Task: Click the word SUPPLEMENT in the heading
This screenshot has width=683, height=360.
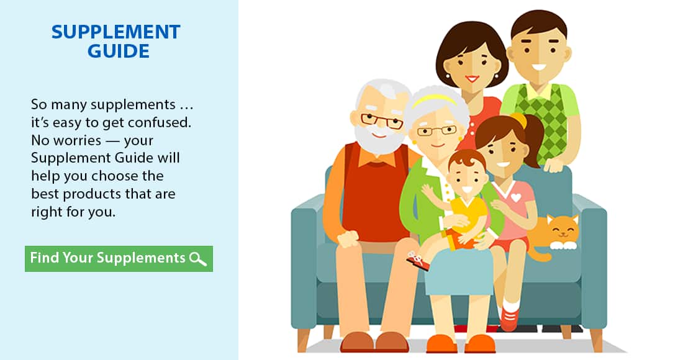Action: pos(116,32)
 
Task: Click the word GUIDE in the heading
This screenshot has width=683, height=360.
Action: pos(119,52)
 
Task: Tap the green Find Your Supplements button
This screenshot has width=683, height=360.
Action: pos(119,259)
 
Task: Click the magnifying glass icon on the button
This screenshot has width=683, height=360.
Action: pos(197,259)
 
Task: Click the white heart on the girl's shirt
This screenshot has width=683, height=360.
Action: pos(516,197)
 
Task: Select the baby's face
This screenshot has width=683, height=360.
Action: pos(468,179)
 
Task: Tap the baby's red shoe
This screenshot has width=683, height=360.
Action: pos(418,260)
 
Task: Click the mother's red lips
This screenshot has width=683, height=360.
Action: pos(472,79)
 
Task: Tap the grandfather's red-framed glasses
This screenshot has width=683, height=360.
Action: pos(382,120)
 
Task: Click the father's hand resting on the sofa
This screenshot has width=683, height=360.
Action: pos(553,165)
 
